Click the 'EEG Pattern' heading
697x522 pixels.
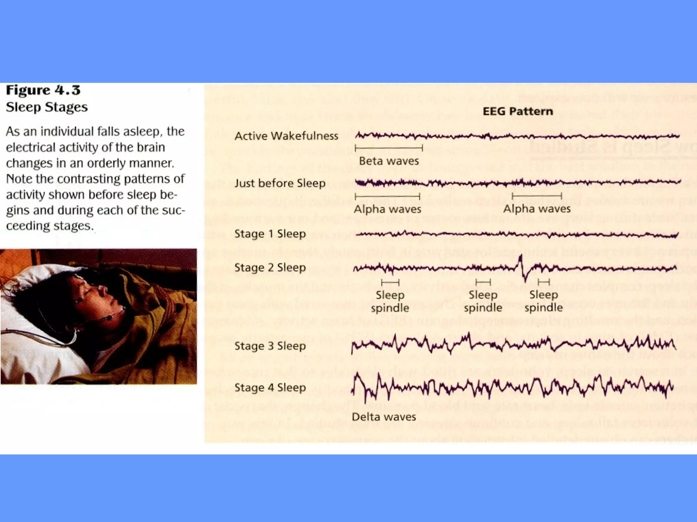point(518,111)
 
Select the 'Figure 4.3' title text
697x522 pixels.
point(43,90)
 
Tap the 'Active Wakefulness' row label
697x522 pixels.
point(286,136)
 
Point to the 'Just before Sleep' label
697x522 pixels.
point(280,183)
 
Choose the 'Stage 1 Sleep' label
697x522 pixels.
point(270,234)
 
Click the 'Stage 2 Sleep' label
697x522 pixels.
point(270,267)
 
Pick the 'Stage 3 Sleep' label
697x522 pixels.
point(270,346)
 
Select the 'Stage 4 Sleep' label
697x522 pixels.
point(270,387)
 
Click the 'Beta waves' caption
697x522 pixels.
point(389,161)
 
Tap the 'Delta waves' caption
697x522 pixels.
point(384,417)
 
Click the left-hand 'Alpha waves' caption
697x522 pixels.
point(387,209)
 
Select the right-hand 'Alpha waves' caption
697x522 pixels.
point(537,209)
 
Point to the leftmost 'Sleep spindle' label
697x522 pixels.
point(390,301)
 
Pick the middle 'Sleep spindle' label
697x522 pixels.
point(483,301)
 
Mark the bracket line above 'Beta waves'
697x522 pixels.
point(388,148)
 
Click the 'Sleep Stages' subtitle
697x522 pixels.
point(47,107)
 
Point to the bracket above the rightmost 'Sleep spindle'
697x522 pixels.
point(544,282)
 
